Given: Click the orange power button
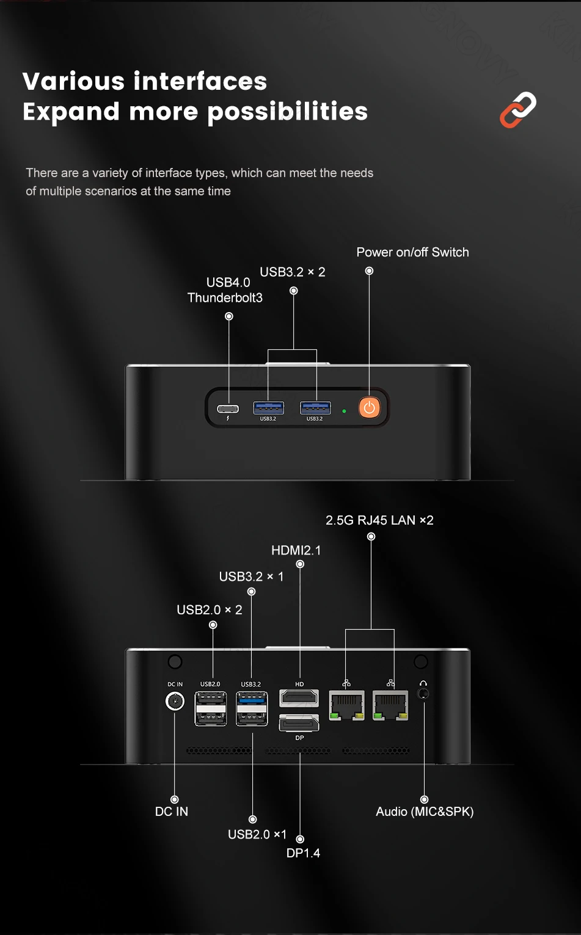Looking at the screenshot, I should pos(369,407).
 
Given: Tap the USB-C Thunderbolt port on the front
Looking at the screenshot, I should pos(228,409).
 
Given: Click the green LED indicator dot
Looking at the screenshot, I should pos(345,411).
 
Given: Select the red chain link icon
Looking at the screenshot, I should pos(518,110).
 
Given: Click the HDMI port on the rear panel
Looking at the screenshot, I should pos(299,697).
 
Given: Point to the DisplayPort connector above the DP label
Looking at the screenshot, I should pos(299,723).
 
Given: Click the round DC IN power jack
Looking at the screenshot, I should pos(175,701).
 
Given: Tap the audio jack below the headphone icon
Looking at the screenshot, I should pos(423,694).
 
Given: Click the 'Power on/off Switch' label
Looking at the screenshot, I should pos(412,252).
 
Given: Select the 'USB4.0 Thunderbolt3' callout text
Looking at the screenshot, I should pos(225,290).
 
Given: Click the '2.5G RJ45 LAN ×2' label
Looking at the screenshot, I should pos(379,520).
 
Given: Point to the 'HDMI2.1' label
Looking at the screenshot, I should pos(296,550).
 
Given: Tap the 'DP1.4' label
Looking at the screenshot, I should pos(303,853).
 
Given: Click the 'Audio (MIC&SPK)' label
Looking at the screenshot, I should pos(425,812).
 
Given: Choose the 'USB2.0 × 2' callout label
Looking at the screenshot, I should pos(209,609).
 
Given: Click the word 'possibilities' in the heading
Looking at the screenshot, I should pos(288,112).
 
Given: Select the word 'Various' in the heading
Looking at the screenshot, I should pos(73,81).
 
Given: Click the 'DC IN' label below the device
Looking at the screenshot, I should pos(172,812).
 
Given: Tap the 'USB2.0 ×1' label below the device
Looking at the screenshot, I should pos(257,834).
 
